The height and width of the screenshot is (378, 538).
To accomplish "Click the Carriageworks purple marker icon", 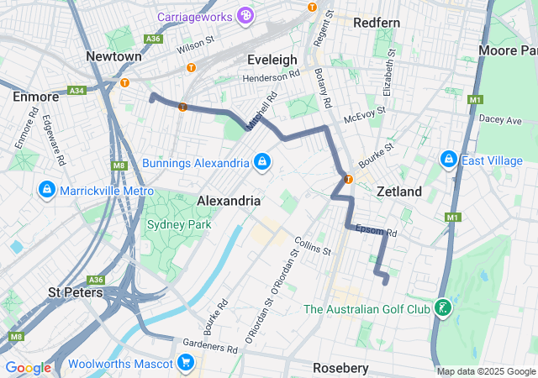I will click(x=245, y=14).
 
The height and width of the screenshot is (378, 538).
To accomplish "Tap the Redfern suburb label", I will click(x=377, y=22).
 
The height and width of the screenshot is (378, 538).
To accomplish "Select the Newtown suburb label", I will click(x=113, y=55).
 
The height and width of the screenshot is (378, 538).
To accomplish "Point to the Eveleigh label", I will click(x=272, y=60).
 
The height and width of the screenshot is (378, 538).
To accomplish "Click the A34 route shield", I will click(x=77, y=90).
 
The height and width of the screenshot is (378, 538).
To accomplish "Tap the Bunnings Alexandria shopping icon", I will click(x=262, y=161).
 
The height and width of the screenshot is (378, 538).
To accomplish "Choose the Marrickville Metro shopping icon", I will click(x=46, y=191).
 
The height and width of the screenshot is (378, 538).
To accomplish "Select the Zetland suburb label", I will click(x=398, y=192).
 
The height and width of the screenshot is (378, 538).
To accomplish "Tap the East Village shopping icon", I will click(x=448, y=160).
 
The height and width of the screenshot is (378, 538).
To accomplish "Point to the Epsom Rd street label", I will click(x=376, y=230).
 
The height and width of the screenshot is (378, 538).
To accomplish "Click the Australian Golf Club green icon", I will click(x=442, y=309).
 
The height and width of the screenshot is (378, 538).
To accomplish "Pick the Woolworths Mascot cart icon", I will click(x=186, y=363).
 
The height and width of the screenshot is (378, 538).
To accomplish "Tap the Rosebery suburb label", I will click(x=340, y=368).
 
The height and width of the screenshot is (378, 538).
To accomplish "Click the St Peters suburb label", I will click(x=75, y=292).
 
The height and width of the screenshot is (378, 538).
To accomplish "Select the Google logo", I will click(x=28, y=368).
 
